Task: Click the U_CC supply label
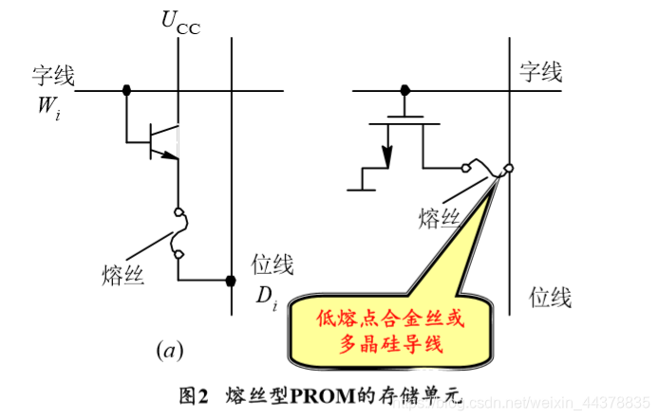tap(179, 23)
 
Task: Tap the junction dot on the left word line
tap(125, 91)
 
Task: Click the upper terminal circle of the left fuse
tap(177, 212)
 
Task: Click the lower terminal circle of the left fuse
tap(177, 253)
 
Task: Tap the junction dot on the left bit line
tap(231, 281)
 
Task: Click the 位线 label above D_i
tap(273, 265)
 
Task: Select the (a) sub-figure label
tap(169, 352)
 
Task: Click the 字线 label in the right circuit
tap(540, 71)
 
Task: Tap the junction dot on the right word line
tap(405, 91)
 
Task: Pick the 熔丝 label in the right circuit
tap(439, 219)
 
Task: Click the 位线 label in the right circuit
tap(550, 299)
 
